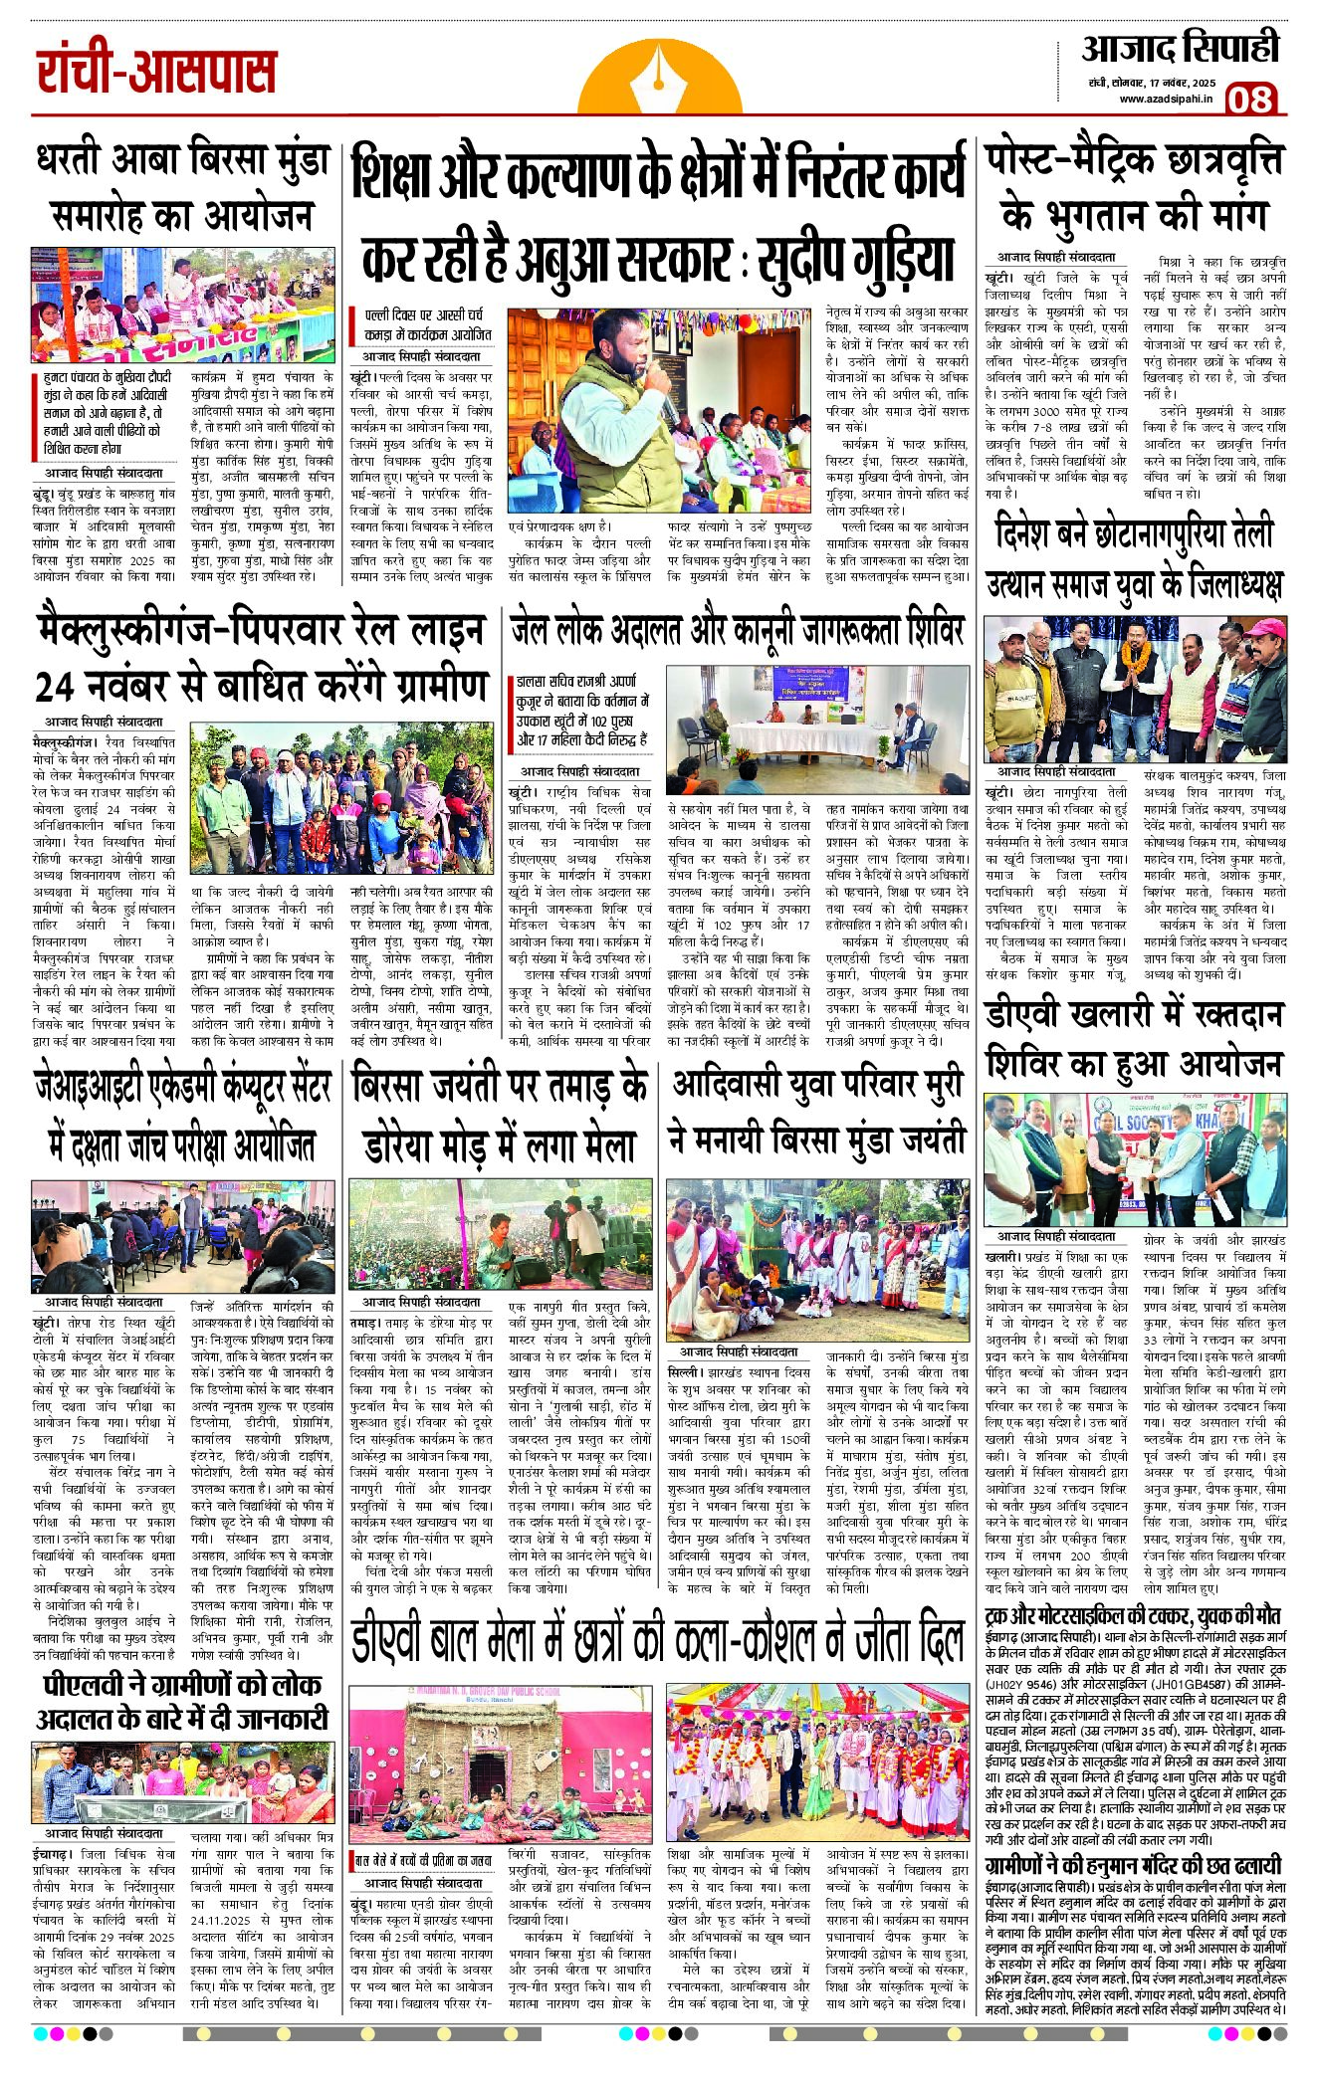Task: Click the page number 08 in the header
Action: click(x=1249, y=99)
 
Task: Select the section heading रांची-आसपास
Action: click(x=156, y=72)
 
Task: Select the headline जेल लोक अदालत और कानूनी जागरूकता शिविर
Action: click(x=737, y=631)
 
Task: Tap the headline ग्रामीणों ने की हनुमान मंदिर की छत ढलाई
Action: click(x=1133, y=1866)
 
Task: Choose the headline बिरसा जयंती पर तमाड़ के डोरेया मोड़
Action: click(x=501, y=1114)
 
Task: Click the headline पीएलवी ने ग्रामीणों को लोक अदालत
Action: click(x=182, y=1701)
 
